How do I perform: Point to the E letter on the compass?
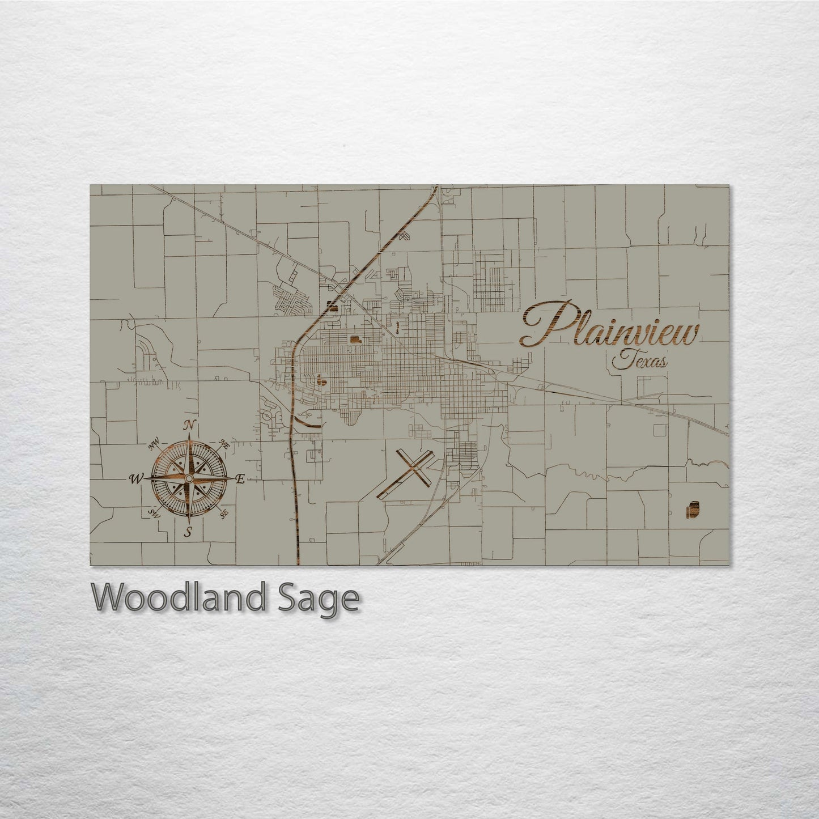239,479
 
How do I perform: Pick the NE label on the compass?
224,443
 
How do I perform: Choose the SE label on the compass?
224,514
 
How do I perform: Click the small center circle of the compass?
189,479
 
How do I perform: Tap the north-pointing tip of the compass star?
189,437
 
